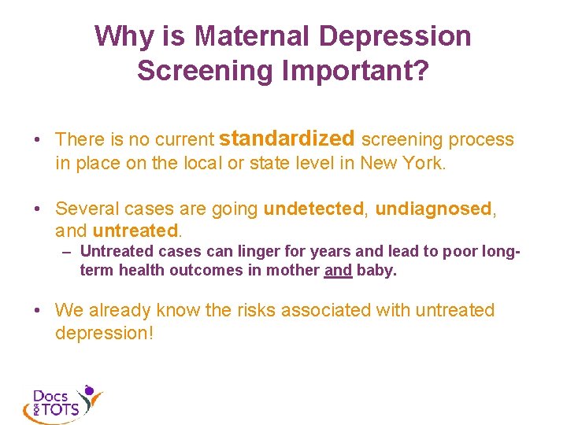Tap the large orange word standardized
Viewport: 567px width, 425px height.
287,139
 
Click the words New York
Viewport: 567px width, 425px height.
402,163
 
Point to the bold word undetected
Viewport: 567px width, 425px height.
314,209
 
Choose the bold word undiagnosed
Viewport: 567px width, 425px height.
433,209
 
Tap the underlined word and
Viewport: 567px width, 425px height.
338,270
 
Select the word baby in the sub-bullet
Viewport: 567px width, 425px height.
376,270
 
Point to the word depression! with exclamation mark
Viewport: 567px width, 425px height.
104,333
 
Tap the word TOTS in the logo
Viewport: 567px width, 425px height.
61,410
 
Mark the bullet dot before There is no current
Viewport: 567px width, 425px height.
37,140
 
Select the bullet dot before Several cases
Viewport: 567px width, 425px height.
37,209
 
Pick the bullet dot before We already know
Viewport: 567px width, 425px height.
37,311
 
